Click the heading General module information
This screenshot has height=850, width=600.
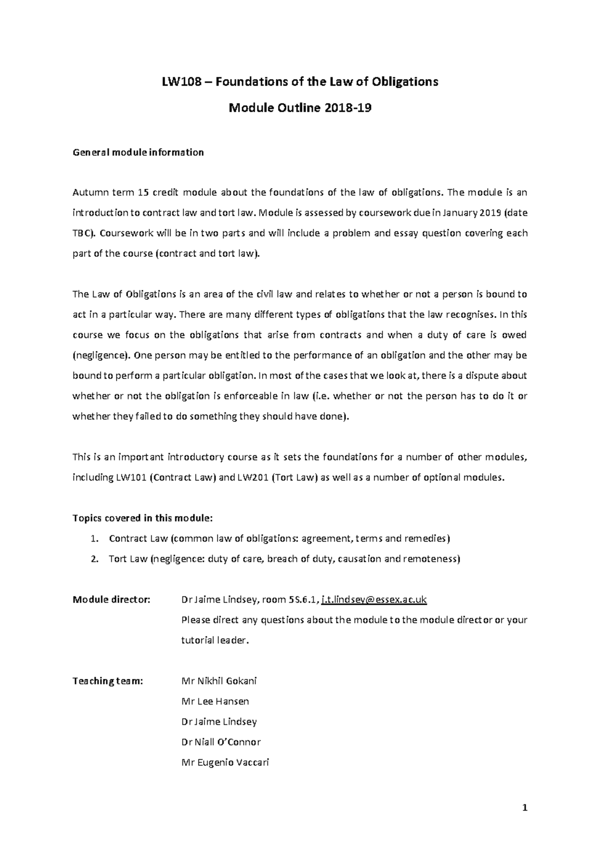click(x=138, y=152)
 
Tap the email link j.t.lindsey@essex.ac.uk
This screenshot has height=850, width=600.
click(x=374, y=599)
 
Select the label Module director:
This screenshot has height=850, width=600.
click(x=111, y=599)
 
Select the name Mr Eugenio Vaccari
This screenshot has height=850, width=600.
click(x=225, y=762)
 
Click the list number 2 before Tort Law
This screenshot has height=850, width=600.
click(x=94, y=559)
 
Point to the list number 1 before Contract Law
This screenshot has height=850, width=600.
click(x=94, y=539)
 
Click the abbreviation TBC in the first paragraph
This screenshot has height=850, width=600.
click(x=82, y=233)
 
